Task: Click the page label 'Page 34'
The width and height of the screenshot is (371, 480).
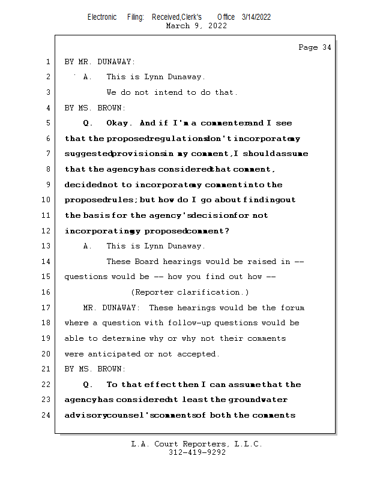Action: tap(315, 47)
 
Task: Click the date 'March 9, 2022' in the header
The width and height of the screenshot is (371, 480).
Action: tap(196, 26)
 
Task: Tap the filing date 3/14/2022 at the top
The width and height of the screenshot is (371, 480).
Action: tap(256, 17)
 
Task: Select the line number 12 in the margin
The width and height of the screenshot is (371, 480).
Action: tap(47, 231)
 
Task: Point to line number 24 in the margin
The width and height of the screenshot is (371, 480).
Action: tap(47, 415)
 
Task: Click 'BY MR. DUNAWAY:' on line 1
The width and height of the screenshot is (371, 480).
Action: tap(100, 62)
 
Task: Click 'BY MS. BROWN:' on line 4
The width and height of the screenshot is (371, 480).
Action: tap(95, 108)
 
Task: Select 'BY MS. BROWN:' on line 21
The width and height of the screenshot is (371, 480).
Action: tap(95, 369)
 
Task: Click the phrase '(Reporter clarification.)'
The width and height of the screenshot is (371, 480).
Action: tap(190, 292)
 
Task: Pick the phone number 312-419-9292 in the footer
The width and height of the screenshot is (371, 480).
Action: tap(197, 452)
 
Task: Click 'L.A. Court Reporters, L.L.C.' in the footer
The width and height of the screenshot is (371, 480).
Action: tap(196, 444)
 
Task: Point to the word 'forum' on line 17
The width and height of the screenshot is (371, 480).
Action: tap(292, 308)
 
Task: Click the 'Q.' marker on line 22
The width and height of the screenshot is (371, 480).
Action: tap(88, 385)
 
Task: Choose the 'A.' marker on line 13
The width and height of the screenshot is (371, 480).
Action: tap(88, 246)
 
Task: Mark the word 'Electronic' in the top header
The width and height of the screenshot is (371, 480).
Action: tap(102, 17)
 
